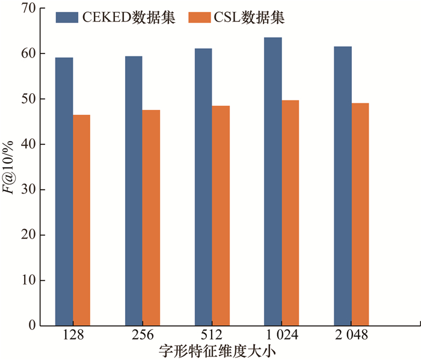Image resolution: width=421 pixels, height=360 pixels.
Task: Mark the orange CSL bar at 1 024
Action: pos(290,213)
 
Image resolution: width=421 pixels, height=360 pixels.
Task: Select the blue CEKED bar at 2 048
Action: pos(343,186)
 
